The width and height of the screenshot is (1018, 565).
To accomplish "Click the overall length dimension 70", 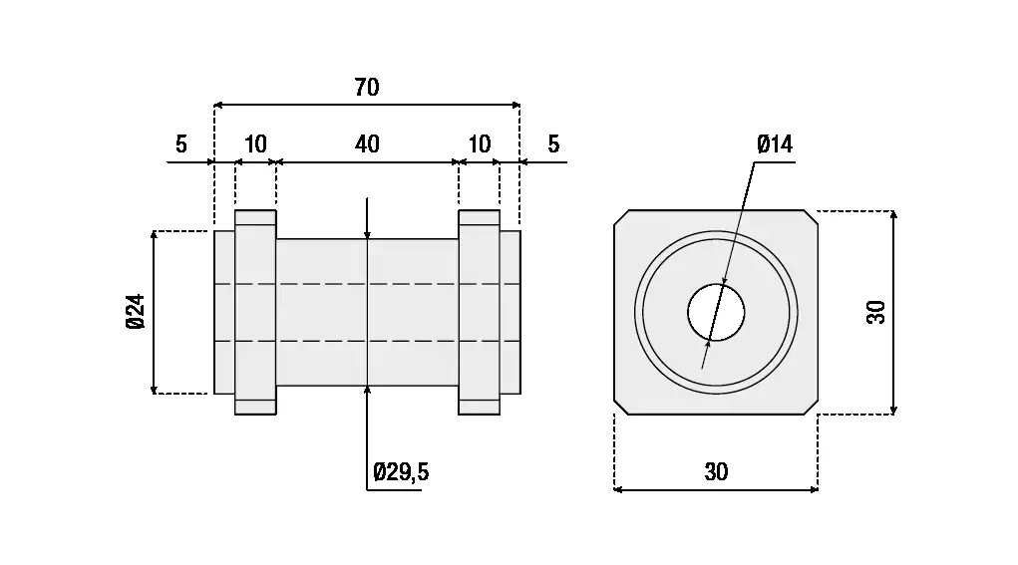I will click(367, 88).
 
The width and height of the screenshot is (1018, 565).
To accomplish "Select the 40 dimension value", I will click(367, 144).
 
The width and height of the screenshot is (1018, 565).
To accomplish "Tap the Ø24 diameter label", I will click(137, 312).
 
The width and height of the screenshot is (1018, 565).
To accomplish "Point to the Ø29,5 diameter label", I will click(401, 472).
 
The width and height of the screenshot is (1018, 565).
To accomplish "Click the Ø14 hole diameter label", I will click(775, 145).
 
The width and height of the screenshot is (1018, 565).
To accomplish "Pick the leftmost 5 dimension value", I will click(180, 144).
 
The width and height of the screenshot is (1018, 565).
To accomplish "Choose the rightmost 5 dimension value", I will click(553, 144).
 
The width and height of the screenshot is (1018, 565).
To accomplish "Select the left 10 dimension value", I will click(255, 144).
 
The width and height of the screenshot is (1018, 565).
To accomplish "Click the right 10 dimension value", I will click(480, 144).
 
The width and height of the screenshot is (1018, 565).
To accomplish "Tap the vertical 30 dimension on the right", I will click(876, 312).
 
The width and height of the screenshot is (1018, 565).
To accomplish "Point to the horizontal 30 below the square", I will click(716, 472).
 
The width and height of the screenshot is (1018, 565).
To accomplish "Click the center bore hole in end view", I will click(716, 312).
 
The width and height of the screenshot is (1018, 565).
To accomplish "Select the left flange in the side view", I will click(255, 312).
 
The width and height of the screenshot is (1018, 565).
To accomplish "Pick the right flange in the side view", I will click(479, 312).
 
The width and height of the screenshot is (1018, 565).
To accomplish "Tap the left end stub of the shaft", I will click(224, 312).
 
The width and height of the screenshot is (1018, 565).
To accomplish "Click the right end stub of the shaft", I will click(509, 312).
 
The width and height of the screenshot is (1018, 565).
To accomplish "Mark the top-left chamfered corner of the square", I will click(620, 217).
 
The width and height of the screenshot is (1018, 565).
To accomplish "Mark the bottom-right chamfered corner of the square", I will click(811, 408).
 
